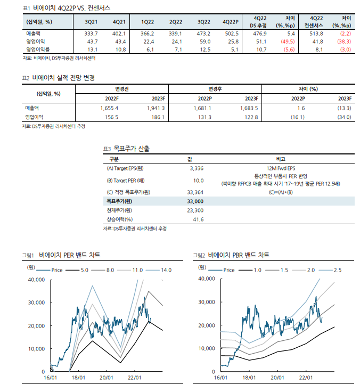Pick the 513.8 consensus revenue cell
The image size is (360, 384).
[x=313, y=33]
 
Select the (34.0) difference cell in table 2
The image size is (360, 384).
[x=343, y=117]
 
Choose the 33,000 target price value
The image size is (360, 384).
[x=195, y=201]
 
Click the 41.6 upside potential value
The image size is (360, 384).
[x=198, y=219]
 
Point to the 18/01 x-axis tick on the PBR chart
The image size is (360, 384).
[x=249, y=377]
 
